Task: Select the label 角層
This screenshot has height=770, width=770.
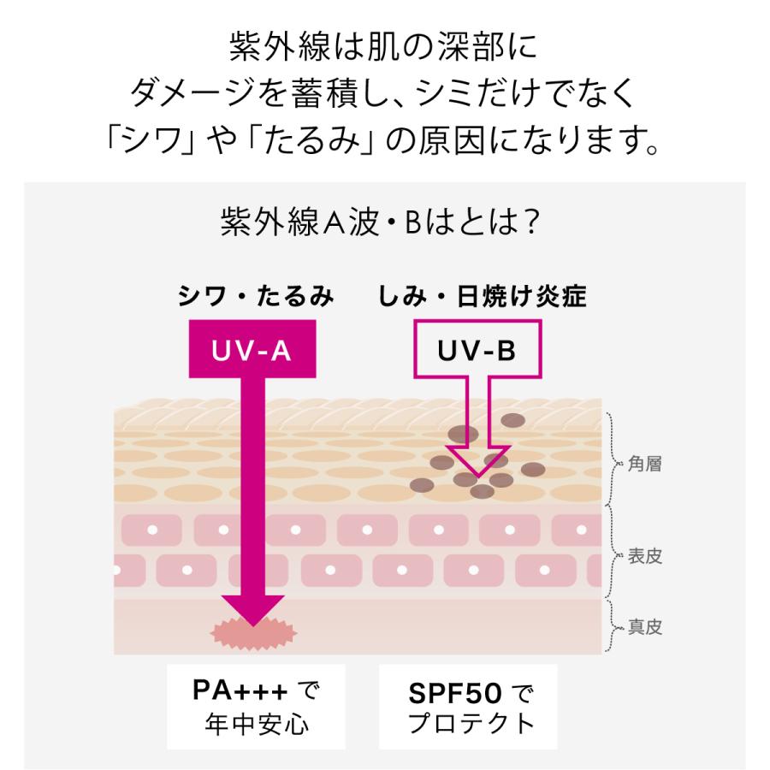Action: point(644,465)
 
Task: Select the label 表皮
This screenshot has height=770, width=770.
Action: point(644,557)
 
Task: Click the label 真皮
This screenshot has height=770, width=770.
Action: point(644,627)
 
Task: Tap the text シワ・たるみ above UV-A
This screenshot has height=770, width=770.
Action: point(255,297)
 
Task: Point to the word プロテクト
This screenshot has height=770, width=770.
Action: point(471,723)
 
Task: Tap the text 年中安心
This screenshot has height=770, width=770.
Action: point(257,724)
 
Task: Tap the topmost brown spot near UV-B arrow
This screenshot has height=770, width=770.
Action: point(512,420)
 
